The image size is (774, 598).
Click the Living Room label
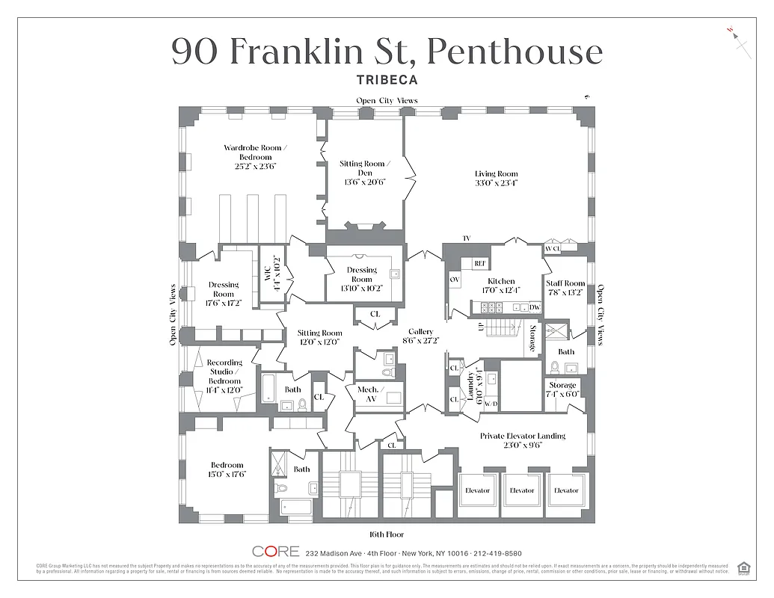pyautogui.click(x=496, y=178)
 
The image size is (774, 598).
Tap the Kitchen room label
pyautogui.click(x=501, y=286)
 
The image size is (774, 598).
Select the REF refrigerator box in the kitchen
pyautogui.click(x=481, y=263)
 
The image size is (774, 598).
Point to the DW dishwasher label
pyautogui.click(x=534, y=307)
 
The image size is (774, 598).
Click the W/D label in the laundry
pyautogui.click(x=491, y=404)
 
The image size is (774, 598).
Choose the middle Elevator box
pyautogui.click(x=522, y=491)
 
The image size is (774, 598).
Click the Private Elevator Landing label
pyautogui.click(x=522, y=440)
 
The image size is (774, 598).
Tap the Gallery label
pyautogui.click(x=421, y=336)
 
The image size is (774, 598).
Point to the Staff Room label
pyautogui.click(x=565, y=288)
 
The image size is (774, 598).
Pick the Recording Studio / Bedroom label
pyautogui.click(x=224, y=376)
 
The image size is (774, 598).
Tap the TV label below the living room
pyautogui.click(x=467, y=238)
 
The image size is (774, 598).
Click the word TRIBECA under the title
pyautogui.click(x=387, y=79)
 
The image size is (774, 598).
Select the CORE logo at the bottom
pyautogui.click(x=275, y=552)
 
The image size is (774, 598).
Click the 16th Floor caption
pyautogui.click(x=387, y=534)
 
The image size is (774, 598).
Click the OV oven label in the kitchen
pyautogui.click(x=454, y=279)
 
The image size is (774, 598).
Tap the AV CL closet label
pyautogui.click(x=552, y=248)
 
